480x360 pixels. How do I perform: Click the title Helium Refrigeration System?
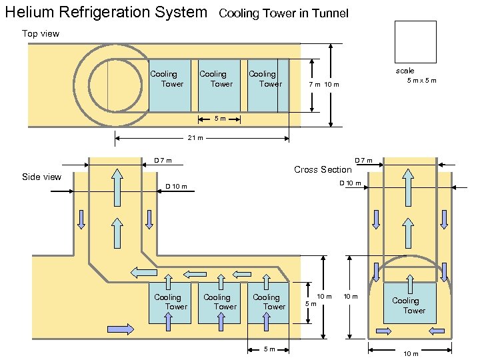(106, 12)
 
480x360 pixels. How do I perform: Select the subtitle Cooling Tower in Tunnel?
(283, 13)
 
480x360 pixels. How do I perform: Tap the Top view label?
(41, 33)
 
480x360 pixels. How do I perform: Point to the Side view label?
(41, 177)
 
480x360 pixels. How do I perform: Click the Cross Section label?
(323, 169)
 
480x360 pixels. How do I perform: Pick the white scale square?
(415, 41)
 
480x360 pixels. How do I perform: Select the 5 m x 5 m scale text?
(421, 81)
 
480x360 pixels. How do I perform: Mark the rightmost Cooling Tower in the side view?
(268, 302)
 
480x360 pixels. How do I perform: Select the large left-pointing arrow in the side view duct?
(143, 272)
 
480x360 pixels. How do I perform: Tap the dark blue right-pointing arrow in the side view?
(121, 329)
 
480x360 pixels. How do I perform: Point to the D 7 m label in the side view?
(163, 161)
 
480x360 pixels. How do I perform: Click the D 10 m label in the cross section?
(350, 183)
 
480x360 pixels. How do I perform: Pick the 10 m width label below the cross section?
(411, 353)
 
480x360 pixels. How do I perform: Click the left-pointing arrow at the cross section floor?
(437, 331)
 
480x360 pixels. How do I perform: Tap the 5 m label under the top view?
(219, 119)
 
